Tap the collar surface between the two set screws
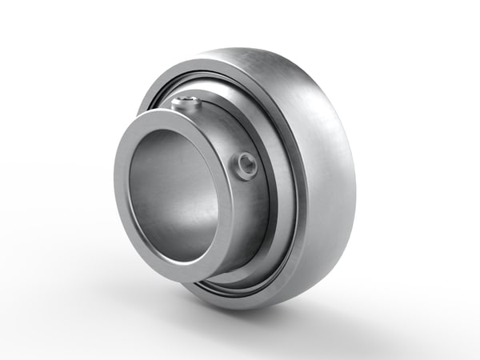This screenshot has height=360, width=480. [224, 132]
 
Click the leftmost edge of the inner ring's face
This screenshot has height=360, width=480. [117, 200]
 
